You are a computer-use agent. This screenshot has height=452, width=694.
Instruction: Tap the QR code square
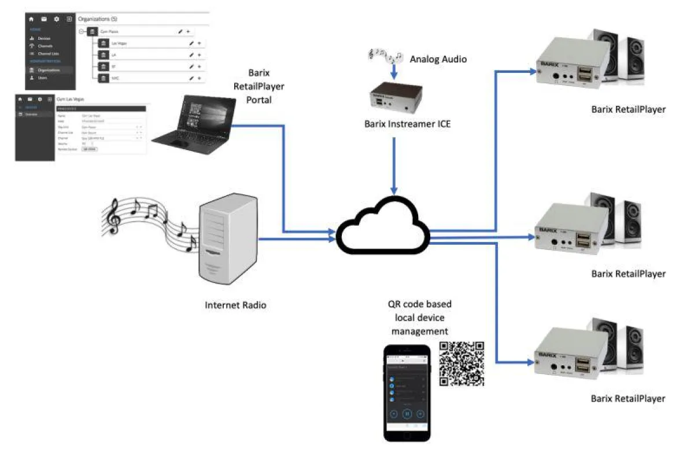462,363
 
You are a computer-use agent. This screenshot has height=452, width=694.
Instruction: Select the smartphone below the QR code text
407,394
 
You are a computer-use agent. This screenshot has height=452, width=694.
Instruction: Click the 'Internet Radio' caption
235,304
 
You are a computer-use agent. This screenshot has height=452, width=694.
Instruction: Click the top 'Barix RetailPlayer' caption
628,109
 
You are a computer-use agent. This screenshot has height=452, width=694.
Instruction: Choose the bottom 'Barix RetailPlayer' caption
628,398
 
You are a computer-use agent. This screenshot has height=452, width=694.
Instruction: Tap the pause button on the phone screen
407,414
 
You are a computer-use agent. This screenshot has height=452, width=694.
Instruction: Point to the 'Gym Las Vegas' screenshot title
71,99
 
